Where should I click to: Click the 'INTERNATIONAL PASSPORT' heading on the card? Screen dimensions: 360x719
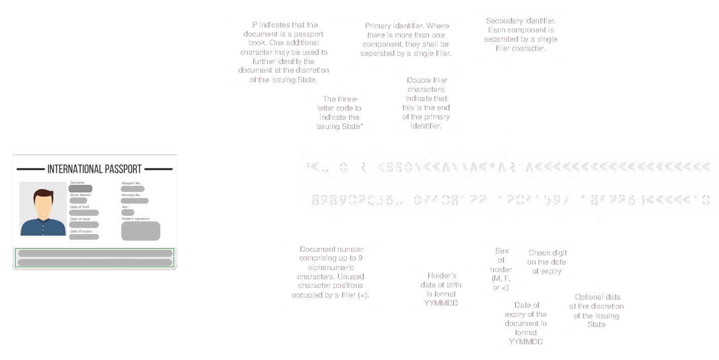click(x=94, y=169)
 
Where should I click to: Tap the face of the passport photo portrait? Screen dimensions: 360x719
click(x=43, y=204)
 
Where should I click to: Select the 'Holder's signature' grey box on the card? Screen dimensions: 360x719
click(x=141, y=231)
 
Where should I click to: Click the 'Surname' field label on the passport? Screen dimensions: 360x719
click(x=78, y=182)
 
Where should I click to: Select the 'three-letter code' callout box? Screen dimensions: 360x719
click(x=339, y=113)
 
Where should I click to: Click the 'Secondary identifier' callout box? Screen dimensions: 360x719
click(x=520, y=36)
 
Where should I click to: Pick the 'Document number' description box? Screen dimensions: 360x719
click(x=331, y=277)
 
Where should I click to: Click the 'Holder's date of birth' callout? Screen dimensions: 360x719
click(x=440, y=289)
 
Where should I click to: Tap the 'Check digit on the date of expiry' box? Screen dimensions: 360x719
click(x=547, y=262)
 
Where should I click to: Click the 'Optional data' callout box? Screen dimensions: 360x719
click(x=596, y=311)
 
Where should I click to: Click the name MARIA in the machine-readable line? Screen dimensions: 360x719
click(x=511, y=167)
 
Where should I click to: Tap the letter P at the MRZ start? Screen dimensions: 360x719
click(x=306, y=167)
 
